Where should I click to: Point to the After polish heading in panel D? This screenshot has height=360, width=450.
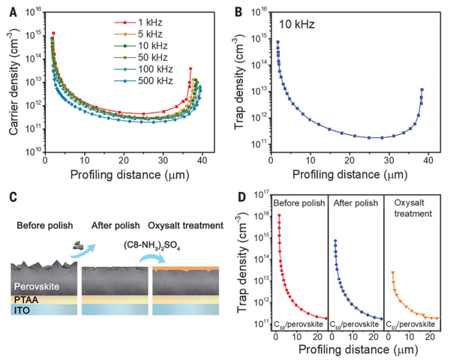[355, 203]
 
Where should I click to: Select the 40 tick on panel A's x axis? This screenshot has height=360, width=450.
[202, 160]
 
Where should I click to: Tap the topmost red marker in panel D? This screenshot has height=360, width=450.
[279, 215]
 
